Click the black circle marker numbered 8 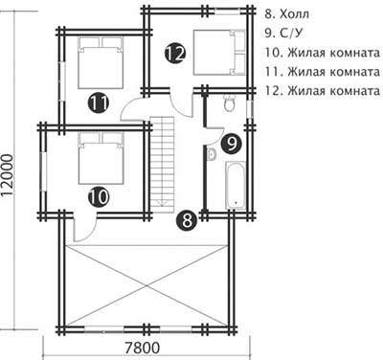[187, 220]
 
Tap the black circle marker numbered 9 [231, 144]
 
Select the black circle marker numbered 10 [99, 197]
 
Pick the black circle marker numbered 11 [99, 102]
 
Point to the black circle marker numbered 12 [175, 54]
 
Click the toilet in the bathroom [229, 102]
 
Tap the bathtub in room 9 [236, 186]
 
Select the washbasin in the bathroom [212, 154]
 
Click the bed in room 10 [101, 159]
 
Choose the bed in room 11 [101, 62]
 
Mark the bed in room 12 [219, 53]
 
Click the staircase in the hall [163, 162]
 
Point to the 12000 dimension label [8, 174]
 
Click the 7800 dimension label [142, 348]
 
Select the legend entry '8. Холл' [287, 14]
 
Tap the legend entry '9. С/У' [282, 34]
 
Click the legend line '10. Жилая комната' [323, 53]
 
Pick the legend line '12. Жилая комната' [323, 91]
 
